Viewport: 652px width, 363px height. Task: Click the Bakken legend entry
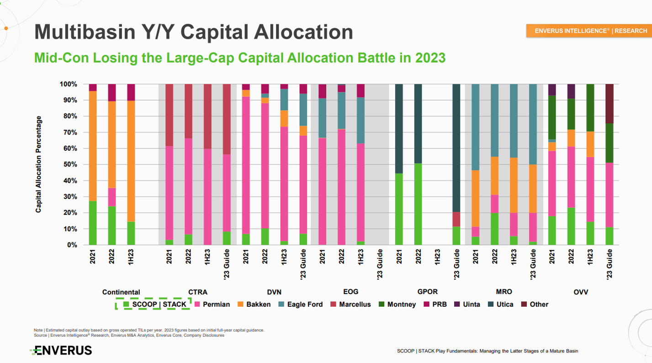click(254, 305)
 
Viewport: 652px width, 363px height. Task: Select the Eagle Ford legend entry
click(300, 305)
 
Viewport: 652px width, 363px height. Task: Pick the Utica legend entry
click(500, 305)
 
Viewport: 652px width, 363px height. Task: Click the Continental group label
click(121, 292)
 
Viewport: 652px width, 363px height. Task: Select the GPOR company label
click(427, 292)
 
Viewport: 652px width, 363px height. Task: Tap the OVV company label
click(581, 292)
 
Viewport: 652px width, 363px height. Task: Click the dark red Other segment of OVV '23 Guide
click(610, 104)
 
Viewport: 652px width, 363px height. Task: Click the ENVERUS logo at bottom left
click(61, 350)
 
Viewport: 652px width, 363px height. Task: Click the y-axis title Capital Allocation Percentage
click(38, 164)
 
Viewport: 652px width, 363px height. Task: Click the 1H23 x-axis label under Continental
click(131, 258)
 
